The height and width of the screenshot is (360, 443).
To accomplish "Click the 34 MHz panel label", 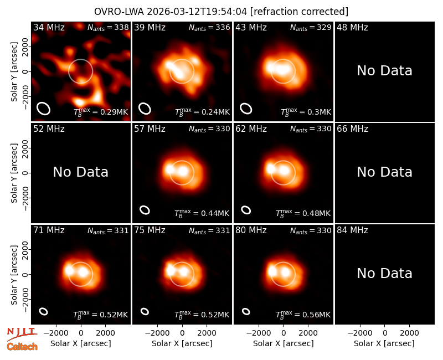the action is click(49, 27).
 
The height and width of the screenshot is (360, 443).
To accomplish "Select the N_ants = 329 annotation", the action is click(311, 28).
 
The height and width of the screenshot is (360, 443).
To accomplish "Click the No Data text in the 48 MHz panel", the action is click(384, 71).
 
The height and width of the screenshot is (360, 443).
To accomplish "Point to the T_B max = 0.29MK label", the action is click(101, 111).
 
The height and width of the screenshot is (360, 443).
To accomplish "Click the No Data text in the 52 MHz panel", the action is click(80, 172).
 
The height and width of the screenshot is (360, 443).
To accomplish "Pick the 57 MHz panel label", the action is click(150, 129).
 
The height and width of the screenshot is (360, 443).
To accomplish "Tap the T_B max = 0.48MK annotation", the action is click(303, 213).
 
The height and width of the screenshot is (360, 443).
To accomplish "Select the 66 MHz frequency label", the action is click(352, 129).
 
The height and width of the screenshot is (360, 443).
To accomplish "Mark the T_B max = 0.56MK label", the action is click(303, 314).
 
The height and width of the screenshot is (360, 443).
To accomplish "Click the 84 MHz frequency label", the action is click(352, 230).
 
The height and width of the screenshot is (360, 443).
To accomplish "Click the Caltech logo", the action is click(22, 347).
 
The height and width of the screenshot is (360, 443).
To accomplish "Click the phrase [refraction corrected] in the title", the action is click(299, 12).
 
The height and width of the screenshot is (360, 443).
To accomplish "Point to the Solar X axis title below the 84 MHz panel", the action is click(384, 343).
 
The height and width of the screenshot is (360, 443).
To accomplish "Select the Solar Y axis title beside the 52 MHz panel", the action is click(14, 173).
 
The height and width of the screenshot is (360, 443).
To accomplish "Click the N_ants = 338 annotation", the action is click(108, 28).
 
